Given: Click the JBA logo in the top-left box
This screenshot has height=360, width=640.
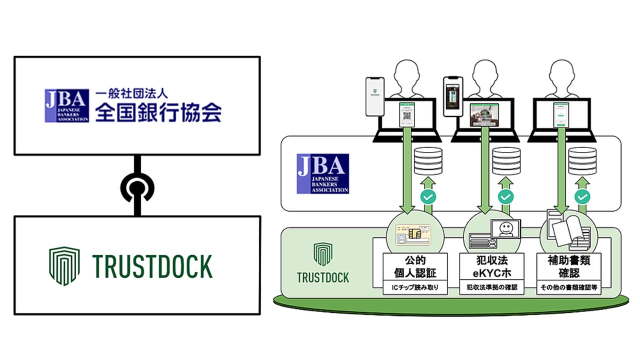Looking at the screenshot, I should tap(67, 105).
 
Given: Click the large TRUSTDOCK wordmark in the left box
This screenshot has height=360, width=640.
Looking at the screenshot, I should tap(152, 266).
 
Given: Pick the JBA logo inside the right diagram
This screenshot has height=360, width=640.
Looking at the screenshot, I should tap(322, 173).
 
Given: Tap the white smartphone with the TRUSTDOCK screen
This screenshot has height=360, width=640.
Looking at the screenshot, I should tap(375, 96).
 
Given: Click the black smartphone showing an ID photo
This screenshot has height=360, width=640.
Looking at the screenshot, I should tap(453, 96).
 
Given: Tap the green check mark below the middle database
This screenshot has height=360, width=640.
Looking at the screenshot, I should tap(504, 197).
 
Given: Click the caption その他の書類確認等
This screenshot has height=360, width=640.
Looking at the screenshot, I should tap(567, 288).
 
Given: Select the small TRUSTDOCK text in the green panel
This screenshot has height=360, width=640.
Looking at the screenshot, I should tap(323, 277).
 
